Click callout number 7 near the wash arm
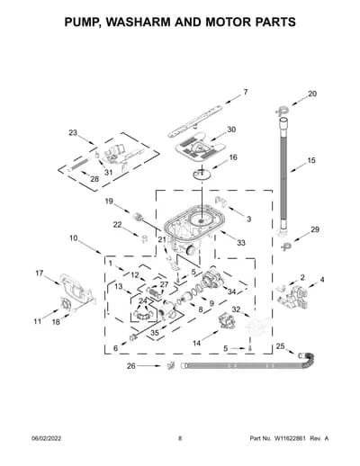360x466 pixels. tap(246, 92)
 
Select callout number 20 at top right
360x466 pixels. tap(312, 94)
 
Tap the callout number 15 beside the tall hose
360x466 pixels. tap(311, 160)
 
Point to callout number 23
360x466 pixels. tap(73, 132)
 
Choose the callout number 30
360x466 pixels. tap(231, 130)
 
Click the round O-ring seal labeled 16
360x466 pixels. tap(202, 174)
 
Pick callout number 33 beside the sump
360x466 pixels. tap(241, 243)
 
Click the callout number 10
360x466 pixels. tap(74, 238)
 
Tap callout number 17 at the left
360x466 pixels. tap(40, 273)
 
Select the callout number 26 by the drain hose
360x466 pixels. tap(131, 366)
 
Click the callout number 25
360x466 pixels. tap(280, 346)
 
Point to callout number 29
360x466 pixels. tap(315, 229)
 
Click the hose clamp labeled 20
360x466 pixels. tap(281, 111)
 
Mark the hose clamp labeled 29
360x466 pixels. tap(286, 247)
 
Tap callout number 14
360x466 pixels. tap(196, 343)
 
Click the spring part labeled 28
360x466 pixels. tap(78, 165)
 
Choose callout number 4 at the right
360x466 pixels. tap(322, 280)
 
